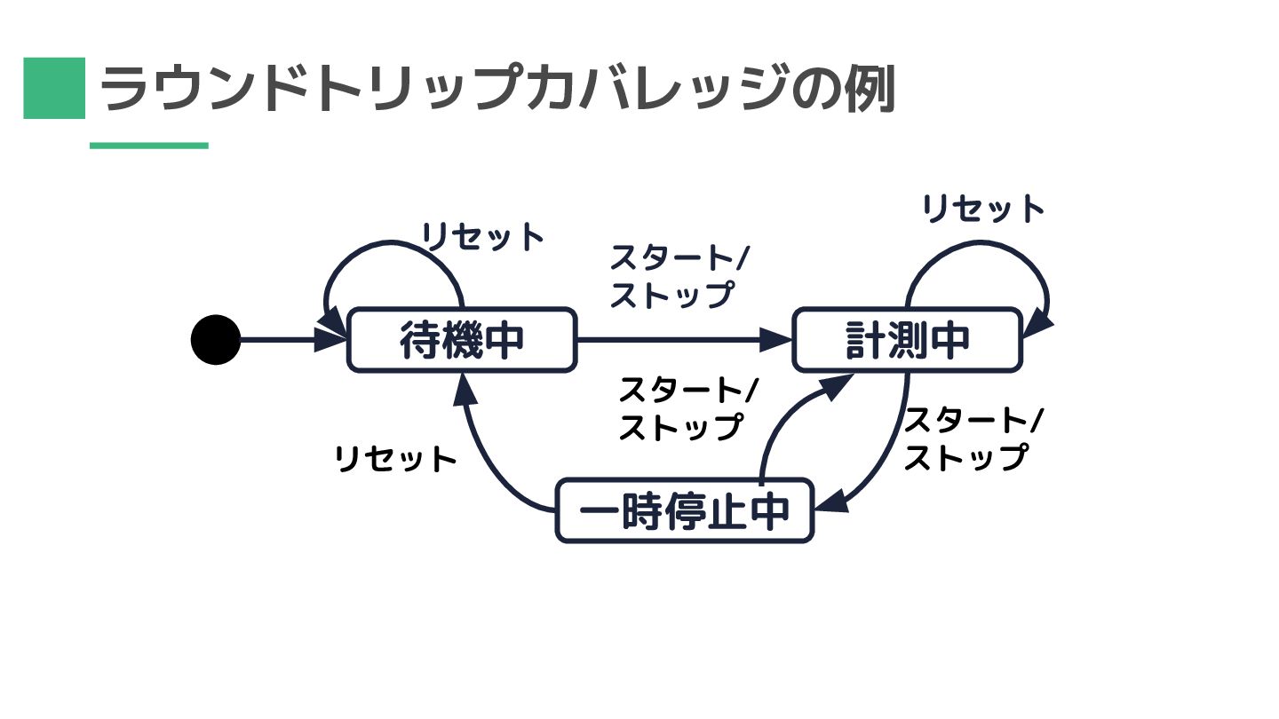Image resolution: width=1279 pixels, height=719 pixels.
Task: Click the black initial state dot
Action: click(216, 340)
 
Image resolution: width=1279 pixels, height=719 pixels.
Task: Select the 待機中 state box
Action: click(461, 340)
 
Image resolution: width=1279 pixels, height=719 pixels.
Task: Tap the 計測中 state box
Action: click(907, 340)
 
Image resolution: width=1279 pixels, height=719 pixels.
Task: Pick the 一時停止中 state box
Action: click(685, 510)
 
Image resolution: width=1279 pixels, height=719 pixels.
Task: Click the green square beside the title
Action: click(54, 88)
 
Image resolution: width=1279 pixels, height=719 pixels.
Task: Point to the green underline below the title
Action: click(149, 146)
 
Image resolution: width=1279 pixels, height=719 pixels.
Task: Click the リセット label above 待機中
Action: click(482, 237)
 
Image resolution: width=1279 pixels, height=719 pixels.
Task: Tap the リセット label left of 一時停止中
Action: click(395, 460)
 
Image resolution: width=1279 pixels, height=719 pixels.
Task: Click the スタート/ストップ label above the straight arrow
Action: click(679, 276)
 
